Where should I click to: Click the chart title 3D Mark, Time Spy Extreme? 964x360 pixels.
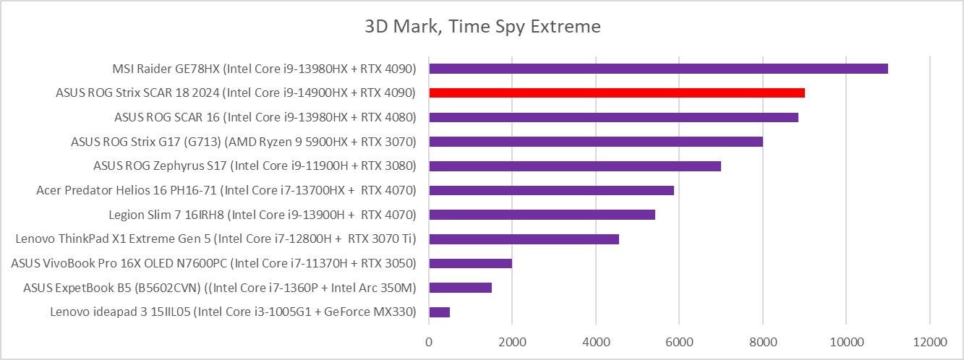(x=482, y=27)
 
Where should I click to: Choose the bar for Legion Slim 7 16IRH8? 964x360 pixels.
(x=542, y=215)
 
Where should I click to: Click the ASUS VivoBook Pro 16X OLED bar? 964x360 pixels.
(x=470, y=263)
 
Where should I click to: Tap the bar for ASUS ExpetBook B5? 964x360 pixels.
(x=460, y=288)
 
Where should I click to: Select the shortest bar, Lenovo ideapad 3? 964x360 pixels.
(x=439, y=312)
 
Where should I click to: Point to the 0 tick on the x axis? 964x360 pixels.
(x=429, y=340)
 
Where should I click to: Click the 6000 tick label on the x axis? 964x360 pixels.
(x=679, y=340)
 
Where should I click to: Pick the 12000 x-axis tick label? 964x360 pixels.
(x=929, y=340)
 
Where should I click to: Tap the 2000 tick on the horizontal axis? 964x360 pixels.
(x=512, y=340)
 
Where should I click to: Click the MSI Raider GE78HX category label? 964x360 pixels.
(x=264, y=69)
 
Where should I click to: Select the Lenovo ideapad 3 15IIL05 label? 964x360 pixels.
(x=233, y=312)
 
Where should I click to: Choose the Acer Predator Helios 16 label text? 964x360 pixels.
(x=226, y=190)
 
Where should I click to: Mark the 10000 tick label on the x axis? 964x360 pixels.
(x=846, y=340)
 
